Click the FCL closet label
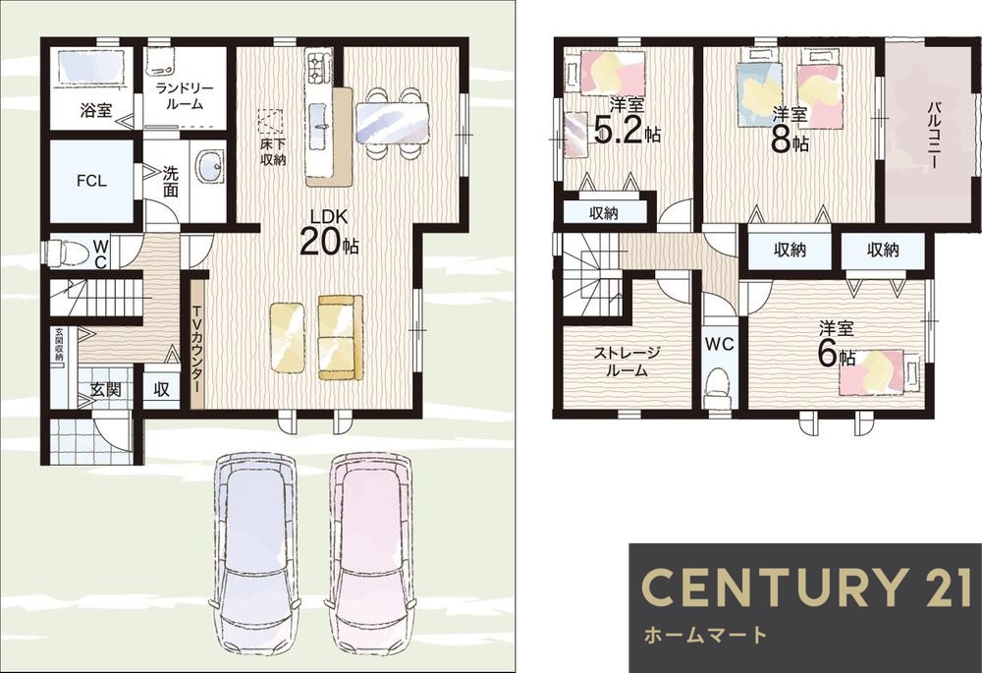click(91, 181)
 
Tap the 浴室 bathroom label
click(96, 111)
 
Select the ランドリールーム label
click(185, 95)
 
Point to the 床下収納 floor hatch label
click(273, 152)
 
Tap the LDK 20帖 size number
click(319, 242)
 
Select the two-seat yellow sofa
click(340, 337)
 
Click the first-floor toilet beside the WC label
click(61, 252)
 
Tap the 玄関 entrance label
click(106, 390)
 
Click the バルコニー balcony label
click(933, 135)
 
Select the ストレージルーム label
click(627, 362)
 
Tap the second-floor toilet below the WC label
click(719, 385)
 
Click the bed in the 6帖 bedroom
click(880, 372)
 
